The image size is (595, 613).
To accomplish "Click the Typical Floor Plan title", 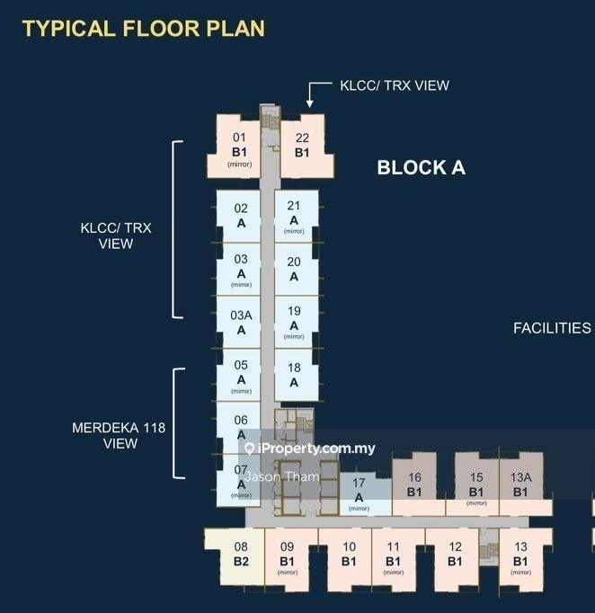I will point(144,28).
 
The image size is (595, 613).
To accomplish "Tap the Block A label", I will point(421,167).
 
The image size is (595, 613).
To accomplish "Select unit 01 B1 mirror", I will point(239,148).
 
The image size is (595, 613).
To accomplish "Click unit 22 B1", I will point(302,145).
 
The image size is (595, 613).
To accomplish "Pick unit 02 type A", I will point(241,216).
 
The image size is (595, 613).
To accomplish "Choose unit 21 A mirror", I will point(294,217).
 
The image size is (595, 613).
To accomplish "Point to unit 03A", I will point(241,322).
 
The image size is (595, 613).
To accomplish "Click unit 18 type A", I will point(294,375).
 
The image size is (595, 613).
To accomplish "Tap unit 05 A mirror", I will point(241,377).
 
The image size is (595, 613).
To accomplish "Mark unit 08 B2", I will point(241,554).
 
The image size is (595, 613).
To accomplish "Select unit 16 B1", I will point(414,485).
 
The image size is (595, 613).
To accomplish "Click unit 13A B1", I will point(521,485).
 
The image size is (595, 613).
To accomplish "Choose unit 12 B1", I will point(455,554).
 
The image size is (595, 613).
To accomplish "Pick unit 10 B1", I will point(349,554).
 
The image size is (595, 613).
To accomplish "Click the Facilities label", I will point(552,328).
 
